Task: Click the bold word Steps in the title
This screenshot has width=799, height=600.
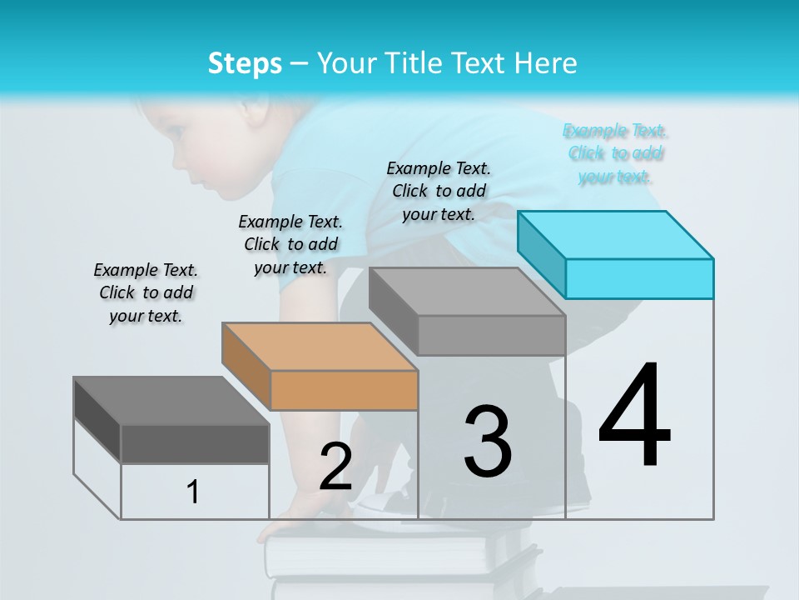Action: pos(245,63)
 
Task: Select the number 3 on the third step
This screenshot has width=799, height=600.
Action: pos(488,442)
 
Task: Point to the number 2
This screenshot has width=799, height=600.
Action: pos(335,467)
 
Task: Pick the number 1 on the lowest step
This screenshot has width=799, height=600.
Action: pos(193,492)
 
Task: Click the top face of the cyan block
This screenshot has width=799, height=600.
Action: pos(616,234)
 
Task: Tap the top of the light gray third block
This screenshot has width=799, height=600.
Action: pos(467,292)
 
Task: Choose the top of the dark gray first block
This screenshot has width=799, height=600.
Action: pos(171,401)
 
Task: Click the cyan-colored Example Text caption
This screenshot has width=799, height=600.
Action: pos(615,153)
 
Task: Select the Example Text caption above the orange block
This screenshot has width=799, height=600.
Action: pos(290,244)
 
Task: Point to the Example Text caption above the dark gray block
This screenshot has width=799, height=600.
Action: pos(146,292)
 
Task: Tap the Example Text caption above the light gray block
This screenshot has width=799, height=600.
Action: pos(439,191)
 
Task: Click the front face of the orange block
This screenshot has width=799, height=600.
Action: pos(344,390)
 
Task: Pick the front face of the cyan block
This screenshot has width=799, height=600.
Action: pos(639,278)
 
